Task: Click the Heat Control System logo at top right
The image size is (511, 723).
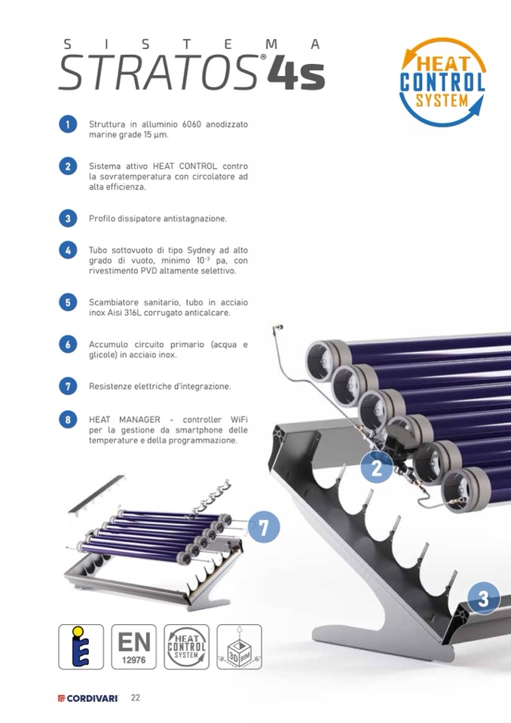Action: pos(442,82)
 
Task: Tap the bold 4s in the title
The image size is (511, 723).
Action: pos(296,74)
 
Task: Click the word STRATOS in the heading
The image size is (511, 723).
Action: pos(158,73)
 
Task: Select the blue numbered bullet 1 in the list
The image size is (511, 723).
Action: pos(68,124)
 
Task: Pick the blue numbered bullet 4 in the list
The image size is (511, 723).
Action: pos(68,250)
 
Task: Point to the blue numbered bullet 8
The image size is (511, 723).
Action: pos(68,420)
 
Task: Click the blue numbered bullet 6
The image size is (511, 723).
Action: pos(68,345)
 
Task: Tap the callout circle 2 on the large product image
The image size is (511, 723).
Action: pos(376,467)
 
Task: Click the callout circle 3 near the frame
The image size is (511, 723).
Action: pos(483,598)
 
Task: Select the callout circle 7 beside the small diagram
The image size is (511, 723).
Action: pos(264,526)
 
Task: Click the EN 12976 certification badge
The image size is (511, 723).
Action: pos(133,647)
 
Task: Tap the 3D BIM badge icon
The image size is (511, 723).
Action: pos(239,647)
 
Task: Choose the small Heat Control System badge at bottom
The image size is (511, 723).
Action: pos(187,647)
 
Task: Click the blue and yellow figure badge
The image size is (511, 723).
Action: pos(81,647)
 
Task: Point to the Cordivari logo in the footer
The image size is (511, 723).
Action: pos(88,698)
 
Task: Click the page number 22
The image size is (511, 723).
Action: pos(136,697)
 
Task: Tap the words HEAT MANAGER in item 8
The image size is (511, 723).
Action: pos(124,420)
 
